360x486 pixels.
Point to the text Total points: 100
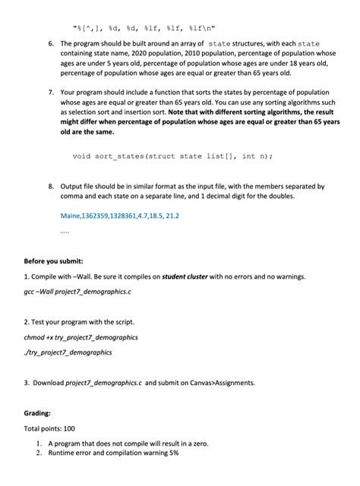tap(49, 429)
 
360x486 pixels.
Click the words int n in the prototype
tap(250, 156)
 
